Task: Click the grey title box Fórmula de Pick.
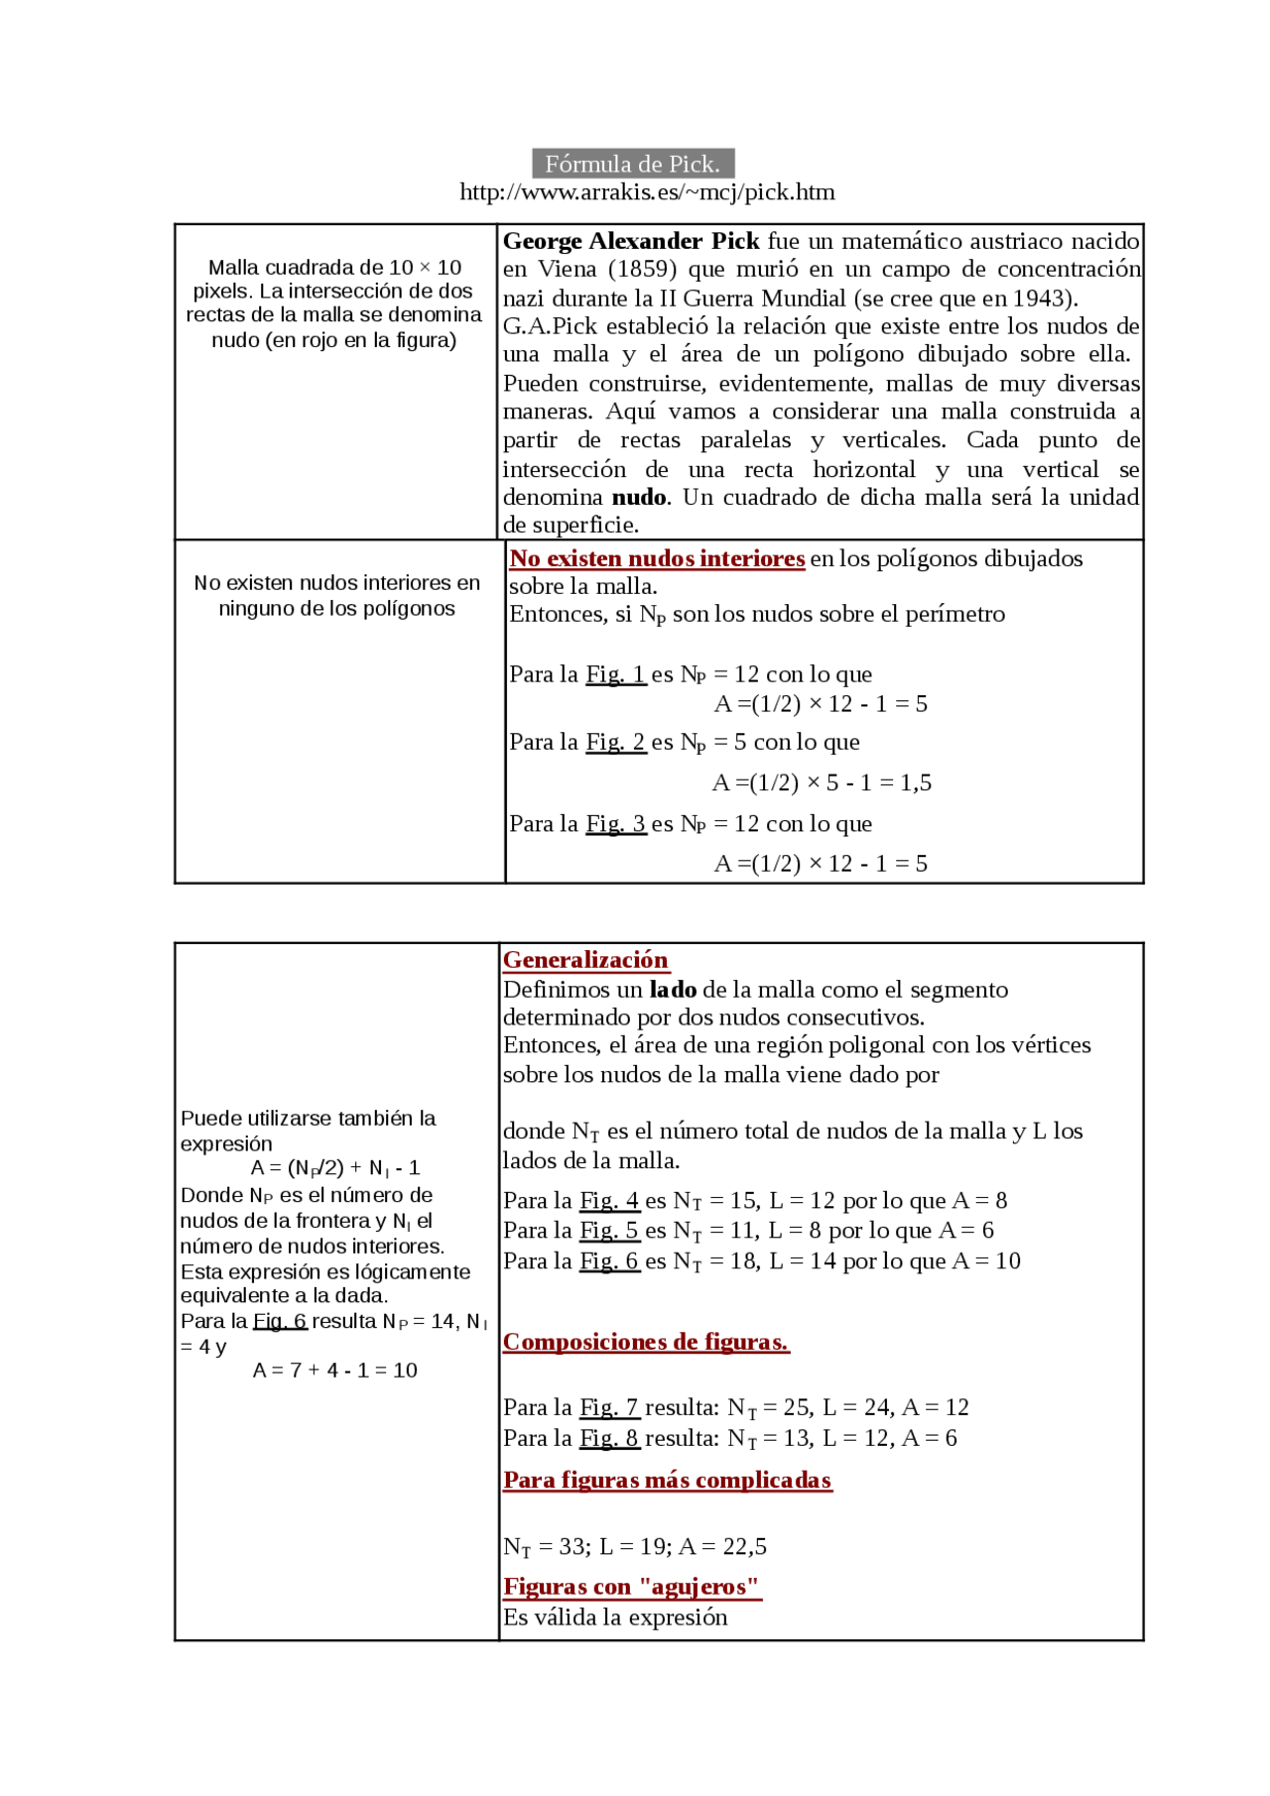click(x=633, y=164)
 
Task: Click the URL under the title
click(x=647, y=192)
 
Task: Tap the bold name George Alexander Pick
click(x=631, y=241)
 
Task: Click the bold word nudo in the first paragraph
click(x=639, y=497)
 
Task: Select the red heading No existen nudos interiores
click(x=657, y=558)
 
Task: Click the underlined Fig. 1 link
click(x=615, y=674)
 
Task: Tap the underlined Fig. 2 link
click(x=615, y=742)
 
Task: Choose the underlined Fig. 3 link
click(x=615, y=823)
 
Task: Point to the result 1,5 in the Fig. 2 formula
click(x=916, y=782)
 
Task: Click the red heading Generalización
click(x=585, y=960)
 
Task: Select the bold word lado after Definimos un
click(x=673, y=989)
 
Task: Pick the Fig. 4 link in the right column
click(x=609, y=1201)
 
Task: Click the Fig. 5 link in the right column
click(x=609, y=1231)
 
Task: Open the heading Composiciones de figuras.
click(x=646, y=1342)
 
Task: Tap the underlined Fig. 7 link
click(x=609, y=1407)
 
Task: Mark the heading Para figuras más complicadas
click(x=667, y=1480)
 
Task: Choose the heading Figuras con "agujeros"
click(x=631, y=1587)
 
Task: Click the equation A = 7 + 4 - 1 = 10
click(x=334, y=1371)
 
